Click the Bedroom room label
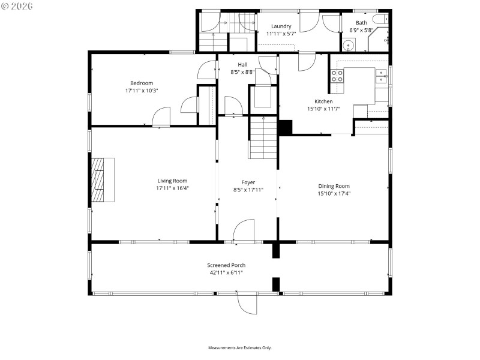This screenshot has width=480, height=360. tap(142, 83)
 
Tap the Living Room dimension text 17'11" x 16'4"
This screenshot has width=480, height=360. tap(172, 188)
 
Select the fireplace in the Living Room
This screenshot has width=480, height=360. tap(103, 181)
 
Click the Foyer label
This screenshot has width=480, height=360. tap(248, 182)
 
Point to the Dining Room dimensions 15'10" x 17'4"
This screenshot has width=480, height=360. tap(334, 193)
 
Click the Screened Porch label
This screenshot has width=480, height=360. tap(226, 265)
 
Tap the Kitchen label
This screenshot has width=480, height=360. tap(323, 101)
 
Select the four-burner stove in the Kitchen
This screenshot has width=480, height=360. tap(337, 76)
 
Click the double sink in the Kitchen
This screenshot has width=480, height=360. tap(382, 76)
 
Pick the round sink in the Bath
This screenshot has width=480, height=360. tap(348, 45)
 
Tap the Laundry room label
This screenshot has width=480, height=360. tap(281, 26)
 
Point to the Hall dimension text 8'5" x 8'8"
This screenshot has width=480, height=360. tap(242, 72)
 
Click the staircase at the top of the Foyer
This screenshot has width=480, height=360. tap(262, 138)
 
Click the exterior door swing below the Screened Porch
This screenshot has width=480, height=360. tap(247, 303)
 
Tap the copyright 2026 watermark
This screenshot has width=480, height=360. tap(17, 5)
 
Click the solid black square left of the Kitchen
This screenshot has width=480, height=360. tap(285, 128)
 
